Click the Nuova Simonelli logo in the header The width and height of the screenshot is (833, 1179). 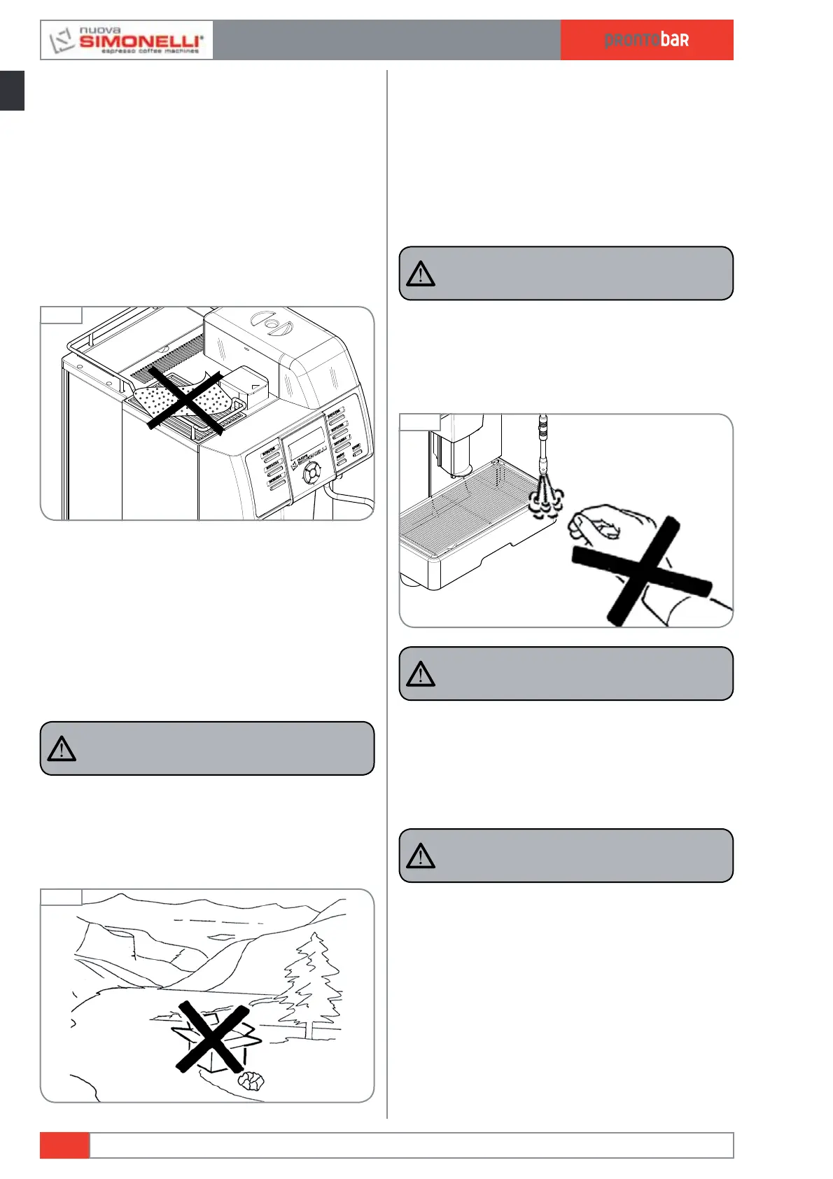pos(127,40)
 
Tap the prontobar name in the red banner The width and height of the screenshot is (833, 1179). pos(646,40)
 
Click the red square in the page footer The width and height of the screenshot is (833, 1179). pos(64,1145)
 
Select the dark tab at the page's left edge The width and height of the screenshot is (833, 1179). pos(12,90)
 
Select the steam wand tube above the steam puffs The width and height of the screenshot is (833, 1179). pos(543,445)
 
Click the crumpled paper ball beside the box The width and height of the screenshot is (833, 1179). pos(251,1082)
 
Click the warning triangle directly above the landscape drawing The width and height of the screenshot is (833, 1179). pos(62,748)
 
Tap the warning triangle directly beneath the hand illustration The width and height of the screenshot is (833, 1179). pos(421,674)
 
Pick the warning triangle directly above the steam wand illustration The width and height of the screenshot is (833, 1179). pos(421,274)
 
